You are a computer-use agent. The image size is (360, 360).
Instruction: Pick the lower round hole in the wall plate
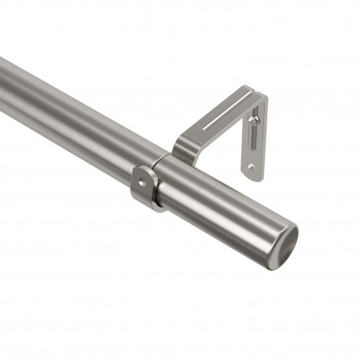tap(251, 166)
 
